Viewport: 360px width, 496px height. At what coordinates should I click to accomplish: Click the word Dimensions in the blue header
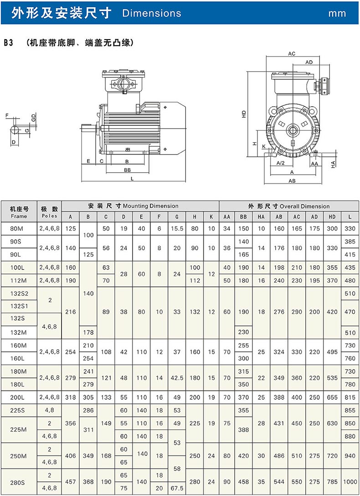(152, 13)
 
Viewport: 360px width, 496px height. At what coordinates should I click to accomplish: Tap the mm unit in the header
(337, 13)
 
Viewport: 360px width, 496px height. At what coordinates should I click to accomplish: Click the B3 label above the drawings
(8, 43)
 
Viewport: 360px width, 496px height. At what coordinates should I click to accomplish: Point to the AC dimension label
(292, 54)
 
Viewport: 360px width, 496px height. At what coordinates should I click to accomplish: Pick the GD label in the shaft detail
(33, 118)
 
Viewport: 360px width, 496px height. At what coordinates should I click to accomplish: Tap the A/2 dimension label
(281, 163)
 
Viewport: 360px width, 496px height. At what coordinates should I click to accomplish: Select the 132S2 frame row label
(19, 294)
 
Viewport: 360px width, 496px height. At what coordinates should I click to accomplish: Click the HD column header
(332, 217)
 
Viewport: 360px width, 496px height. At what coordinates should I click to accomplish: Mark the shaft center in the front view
(292, 130)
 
